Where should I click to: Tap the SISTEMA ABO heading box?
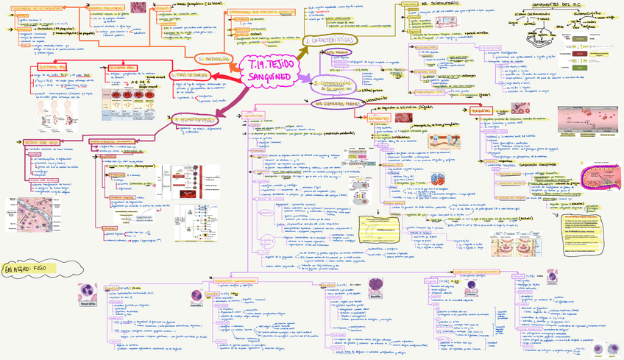tap(121, 68)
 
